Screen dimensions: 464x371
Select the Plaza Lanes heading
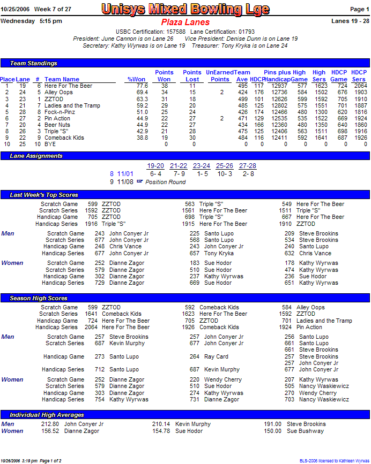point(185,22)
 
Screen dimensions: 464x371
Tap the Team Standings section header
point(32,63)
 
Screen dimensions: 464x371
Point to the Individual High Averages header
point(47,415)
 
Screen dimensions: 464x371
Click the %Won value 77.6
point(142,86)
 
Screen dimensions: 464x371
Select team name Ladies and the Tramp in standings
point(72,106)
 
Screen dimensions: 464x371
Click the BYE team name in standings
point(50,144)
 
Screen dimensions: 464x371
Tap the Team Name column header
point(62,79)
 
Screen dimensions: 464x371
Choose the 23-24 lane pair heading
point(201,166)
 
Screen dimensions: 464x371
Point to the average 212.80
point(50,424)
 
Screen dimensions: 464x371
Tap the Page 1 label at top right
point(360,10)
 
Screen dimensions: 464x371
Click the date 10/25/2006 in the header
point(14,10)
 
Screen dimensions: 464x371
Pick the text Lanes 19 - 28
point(351,21)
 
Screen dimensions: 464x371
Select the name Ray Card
point(216,356)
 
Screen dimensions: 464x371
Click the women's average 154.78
point(161,431)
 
